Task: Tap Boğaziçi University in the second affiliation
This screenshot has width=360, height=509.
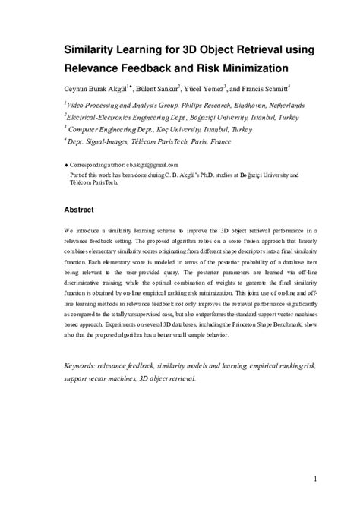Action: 189,118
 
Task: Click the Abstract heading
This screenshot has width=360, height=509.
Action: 80,209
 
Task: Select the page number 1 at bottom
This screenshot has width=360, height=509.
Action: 314,479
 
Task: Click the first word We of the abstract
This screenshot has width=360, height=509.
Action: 67,228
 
